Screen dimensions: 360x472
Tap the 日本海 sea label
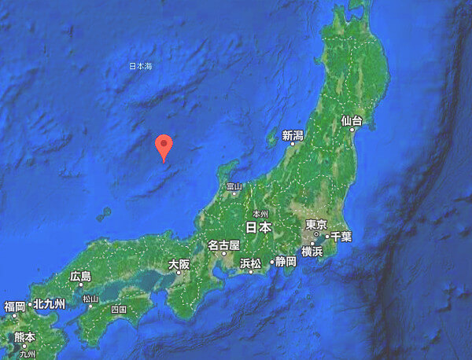(141, 67)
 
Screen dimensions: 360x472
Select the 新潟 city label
(293, 136)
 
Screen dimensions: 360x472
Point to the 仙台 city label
(352, 121)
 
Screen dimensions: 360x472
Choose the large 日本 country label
(258, 227)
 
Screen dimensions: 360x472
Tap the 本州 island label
(260, 214)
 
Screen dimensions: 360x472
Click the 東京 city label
(316, 225)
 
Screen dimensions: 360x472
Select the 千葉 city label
(340, 236)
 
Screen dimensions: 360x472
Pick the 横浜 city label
(312, 251)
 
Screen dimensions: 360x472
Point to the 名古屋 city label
(223, 246)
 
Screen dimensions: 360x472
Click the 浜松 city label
(250, 263)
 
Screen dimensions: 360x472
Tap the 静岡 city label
(283, 263)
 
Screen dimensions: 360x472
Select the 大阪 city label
(179, 265)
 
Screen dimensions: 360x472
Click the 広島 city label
(80, 276)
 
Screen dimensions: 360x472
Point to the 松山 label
(90, 299)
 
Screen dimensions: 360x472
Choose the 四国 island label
(119, 310)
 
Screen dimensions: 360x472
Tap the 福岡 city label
(15, 306)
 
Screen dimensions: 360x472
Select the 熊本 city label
(24, 336)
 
